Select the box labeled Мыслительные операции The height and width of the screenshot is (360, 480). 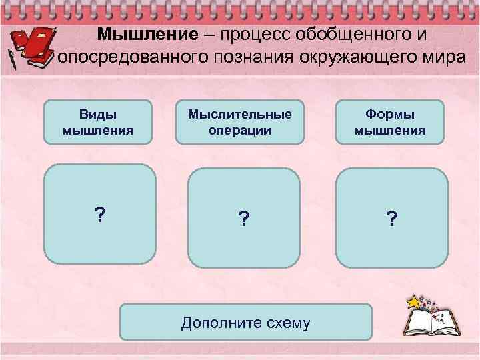[239, 122]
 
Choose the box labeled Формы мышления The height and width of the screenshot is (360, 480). [390, 122]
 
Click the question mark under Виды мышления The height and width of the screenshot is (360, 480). [99, 215]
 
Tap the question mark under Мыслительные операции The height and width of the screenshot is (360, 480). [244, 218]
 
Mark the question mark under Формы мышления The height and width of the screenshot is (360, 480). [391, 218]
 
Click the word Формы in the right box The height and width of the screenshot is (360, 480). [390, 114]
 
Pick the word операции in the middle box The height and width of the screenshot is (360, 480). [239, 130]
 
